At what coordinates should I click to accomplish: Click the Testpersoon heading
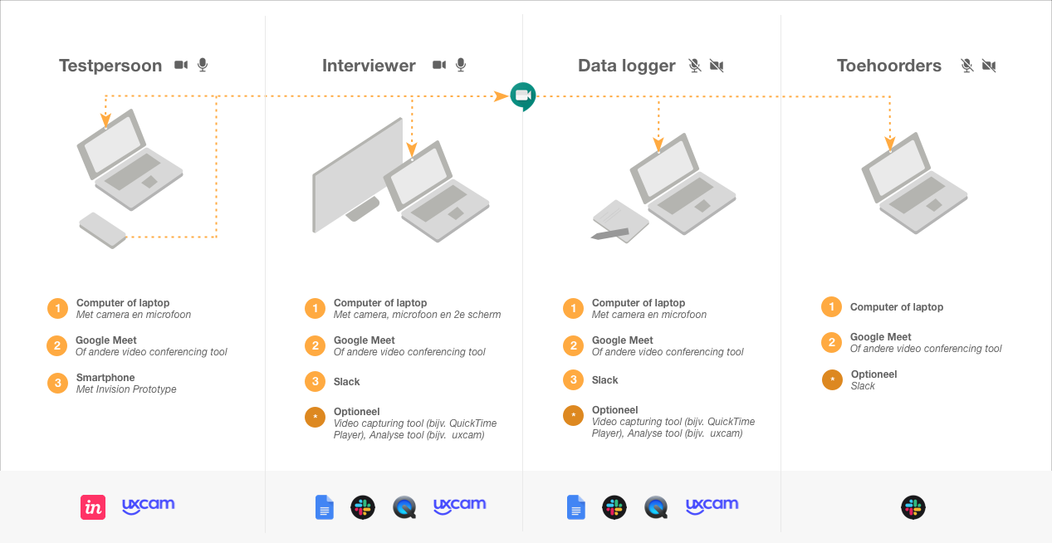(110, 66)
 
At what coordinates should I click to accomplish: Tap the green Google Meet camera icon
(523, 96)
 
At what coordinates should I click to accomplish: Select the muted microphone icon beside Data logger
(695, 66)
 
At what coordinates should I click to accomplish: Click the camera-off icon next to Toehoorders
(989, 66)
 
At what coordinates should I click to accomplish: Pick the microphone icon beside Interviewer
(461, 66)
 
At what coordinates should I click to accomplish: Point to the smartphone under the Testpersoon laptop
(103, 230)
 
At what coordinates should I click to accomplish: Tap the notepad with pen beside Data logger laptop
(619, 223)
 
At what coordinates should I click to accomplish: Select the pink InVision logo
(93, 507)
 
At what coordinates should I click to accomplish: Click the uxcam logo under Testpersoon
(149, 506)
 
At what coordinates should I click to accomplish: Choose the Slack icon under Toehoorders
(913, 507)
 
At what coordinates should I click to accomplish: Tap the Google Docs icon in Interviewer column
(325, 507)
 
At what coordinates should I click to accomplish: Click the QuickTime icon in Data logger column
(656, 507)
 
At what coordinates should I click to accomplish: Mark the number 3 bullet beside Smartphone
(58, 383)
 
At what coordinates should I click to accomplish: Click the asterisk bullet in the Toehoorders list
(832, 379)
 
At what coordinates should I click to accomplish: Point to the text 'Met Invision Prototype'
(126, 389)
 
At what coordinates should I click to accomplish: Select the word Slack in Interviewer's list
(346, 382)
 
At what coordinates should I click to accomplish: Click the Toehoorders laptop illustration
(914, 183)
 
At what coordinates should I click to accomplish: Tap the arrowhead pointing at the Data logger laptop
(658, 144)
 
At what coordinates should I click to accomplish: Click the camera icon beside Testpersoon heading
(181, 65)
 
